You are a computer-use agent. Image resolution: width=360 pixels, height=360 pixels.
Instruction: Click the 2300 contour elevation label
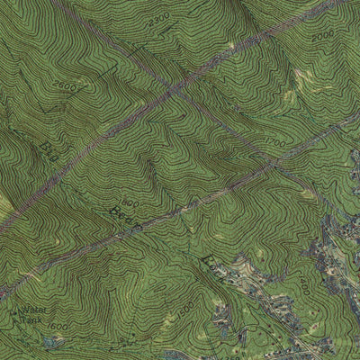pos(157,17)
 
